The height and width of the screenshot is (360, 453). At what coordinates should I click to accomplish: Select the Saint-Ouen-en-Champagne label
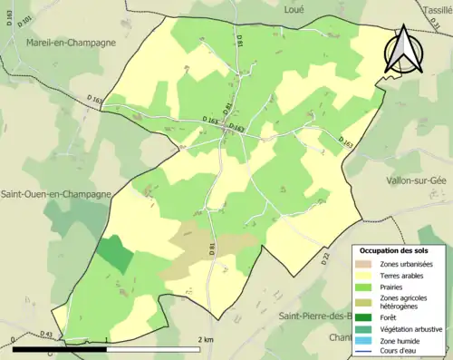coord(56,194)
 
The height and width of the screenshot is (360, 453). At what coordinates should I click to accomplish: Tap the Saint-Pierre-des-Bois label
coord(322,316)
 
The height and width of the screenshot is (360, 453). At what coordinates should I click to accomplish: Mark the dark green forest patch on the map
coord(114,254)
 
